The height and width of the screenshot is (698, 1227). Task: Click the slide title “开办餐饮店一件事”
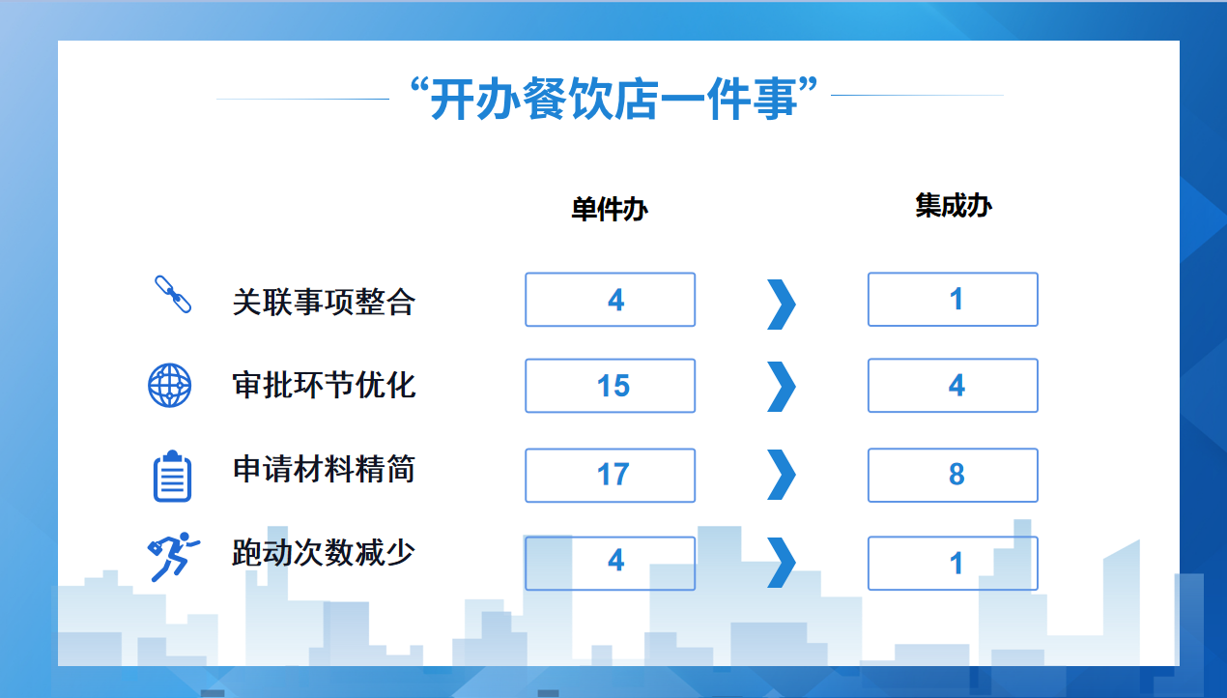[613, 99]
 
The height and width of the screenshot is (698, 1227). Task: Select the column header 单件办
[610, 210]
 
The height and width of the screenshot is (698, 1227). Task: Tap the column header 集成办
[954, 206]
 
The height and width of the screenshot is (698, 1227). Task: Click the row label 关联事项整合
[324, 303]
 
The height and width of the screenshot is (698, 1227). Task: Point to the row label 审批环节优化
[324, 385]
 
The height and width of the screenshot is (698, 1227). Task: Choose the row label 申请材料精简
[324, 469]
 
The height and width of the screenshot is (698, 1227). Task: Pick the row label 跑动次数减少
[324, 552]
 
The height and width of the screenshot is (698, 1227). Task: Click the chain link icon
[173, 295]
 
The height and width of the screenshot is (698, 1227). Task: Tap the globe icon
[170, 386]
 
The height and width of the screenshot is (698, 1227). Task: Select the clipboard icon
[173, 476]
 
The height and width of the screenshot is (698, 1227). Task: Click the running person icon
[173, 557]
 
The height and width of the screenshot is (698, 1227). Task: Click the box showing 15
[611, 386]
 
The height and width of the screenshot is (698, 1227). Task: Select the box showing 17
[611, 476]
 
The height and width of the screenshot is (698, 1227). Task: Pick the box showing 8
[954, 475]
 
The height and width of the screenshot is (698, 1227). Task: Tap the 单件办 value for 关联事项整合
[611, 300]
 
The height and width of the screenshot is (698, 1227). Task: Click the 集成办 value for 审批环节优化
[954, 385]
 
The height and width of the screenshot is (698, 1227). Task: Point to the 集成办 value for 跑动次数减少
[954, 563]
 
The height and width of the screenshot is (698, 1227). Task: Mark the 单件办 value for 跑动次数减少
[611, 563]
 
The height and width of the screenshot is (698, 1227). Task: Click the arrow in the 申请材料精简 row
[782, 475]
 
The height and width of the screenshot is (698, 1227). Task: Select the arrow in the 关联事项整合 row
[782, 305]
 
